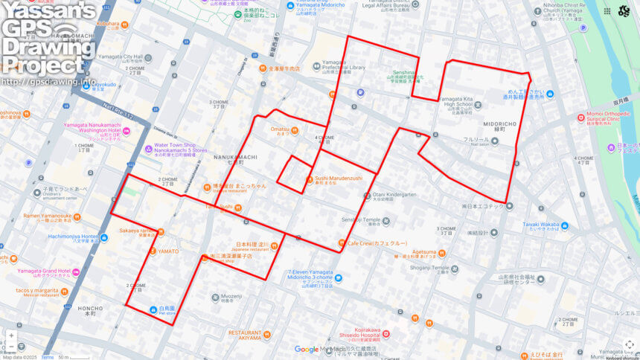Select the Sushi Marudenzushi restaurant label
[x=338, y=179]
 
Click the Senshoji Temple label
[x=361, y=220]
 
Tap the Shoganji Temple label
[x=426, y=268]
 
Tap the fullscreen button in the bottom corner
[x=629, y=344]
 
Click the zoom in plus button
[x=10, y=335]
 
